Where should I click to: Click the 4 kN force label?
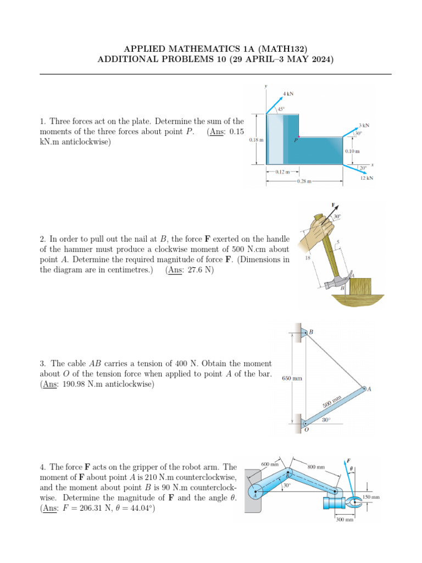[x=288, y=93]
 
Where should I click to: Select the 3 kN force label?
[x=363, y=125]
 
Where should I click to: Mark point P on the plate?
[x=295, y=140]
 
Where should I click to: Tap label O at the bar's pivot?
[x=306, y=430]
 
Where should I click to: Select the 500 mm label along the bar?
[x=332, y=401]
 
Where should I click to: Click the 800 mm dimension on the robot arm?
[x=315, y=467]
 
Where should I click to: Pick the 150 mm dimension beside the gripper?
[x=371, y=497]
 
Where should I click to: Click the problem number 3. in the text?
[x=43, y=363]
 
